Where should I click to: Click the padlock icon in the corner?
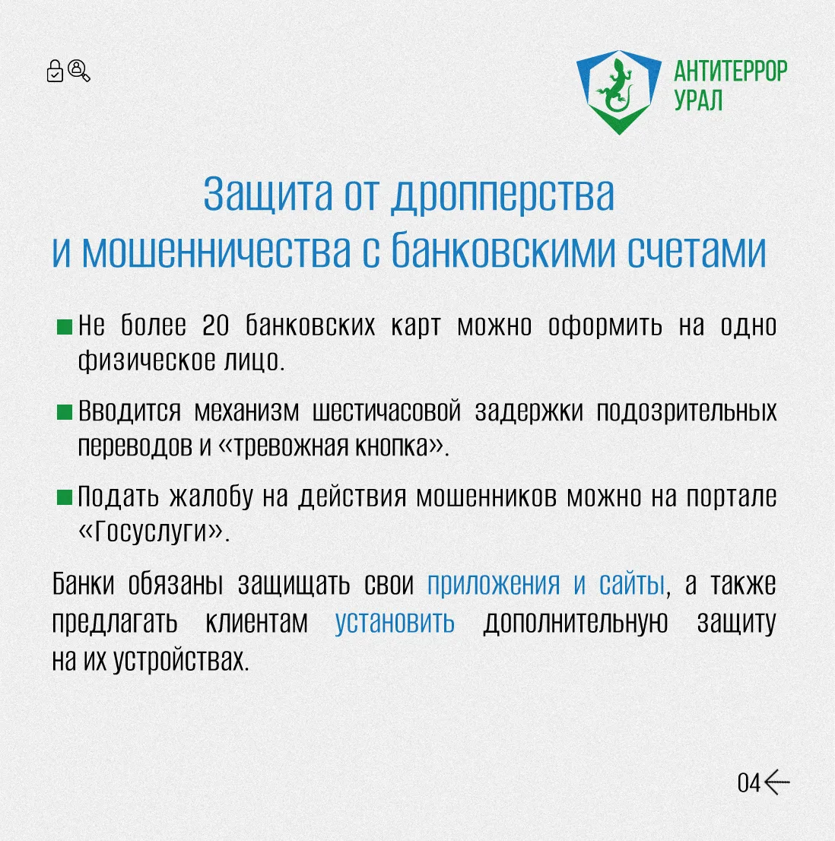55,71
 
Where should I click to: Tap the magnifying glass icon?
79,71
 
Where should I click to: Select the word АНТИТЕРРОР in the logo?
730,71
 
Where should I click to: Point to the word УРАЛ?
698,100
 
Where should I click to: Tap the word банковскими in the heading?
503,250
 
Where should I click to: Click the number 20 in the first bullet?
215,325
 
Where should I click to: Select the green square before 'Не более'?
65,327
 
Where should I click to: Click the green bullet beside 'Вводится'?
65,412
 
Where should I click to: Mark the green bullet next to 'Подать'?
65,497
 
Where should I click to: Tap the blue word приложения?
494,584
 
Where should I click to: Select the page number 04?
748,783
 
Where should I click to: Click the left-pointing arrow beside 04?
776,782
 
